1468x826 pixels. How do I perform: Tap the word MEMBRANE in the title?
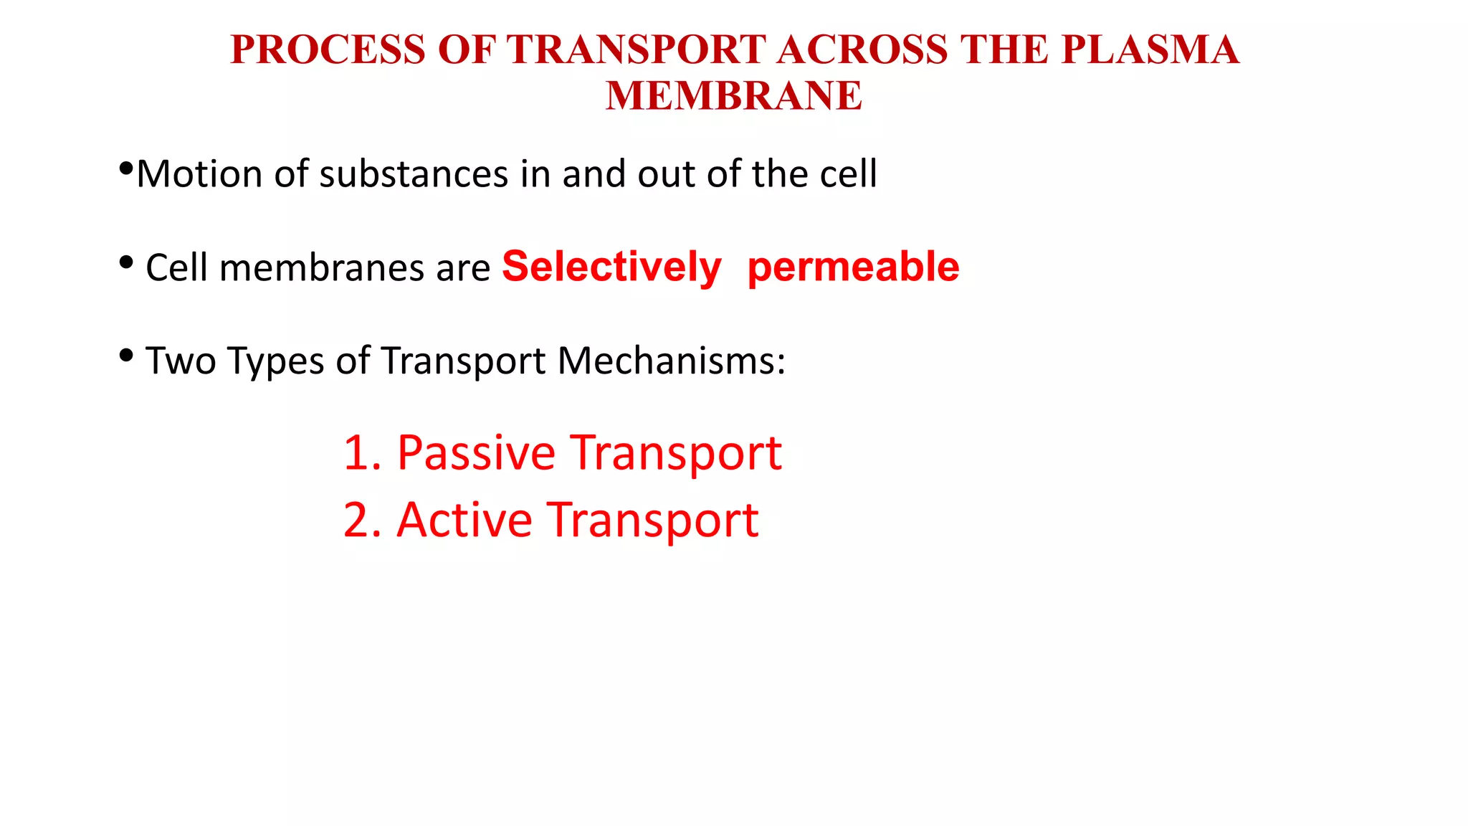(733, 96)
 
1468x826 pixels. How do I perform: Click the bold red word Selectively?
(611, 267)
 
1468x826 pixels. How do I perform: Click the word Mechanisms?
(671, 361)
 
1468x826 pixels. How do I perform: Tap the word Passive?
(476, 453)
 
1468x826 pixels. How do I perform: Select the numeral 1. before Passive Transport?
(362, 453)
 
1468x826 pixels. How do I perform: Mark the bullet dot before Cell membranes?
(126, 263)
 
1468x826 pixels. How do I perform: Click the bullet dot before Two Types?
(126, 355)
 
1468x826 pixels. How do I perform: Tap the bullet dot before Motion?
(125, 170)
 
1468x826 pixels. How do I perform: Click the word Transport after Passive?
(676, 453)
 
